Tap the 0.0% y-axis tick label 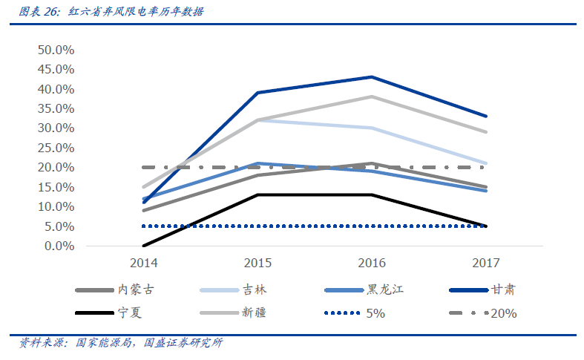coord(59,246)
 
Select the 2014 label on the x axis coord(143,263)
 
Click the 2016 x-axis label coord(372,263)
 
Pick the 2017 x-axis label coord(486,263)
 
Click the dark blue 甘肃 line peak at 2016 coord(372,77)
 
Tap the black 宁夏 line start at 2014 coord(143,246)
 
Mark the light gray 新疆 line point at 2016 coord(372,96)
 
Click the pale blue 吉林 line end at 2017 coord(486,163)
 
